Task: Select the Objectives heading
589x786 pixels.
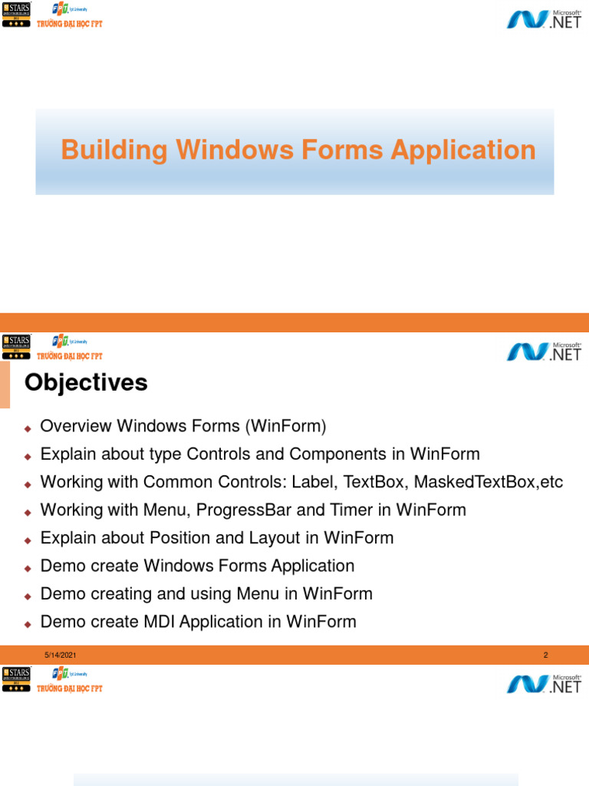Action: point(86,382)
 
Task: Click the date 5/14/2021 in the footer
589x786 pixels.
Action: point(60,655)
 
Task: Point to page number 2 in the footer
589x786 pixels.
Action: point(545,655)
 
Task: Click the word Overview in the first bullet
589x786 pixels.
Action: point(74,426)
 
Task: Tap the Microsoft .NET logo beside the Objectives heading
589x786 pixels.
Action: point(544,351)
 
